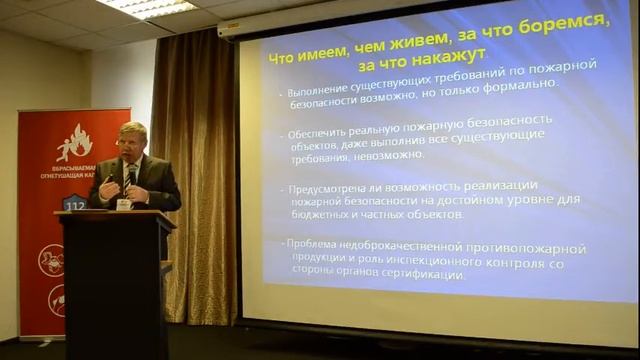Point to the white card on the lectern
(124, 204)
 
